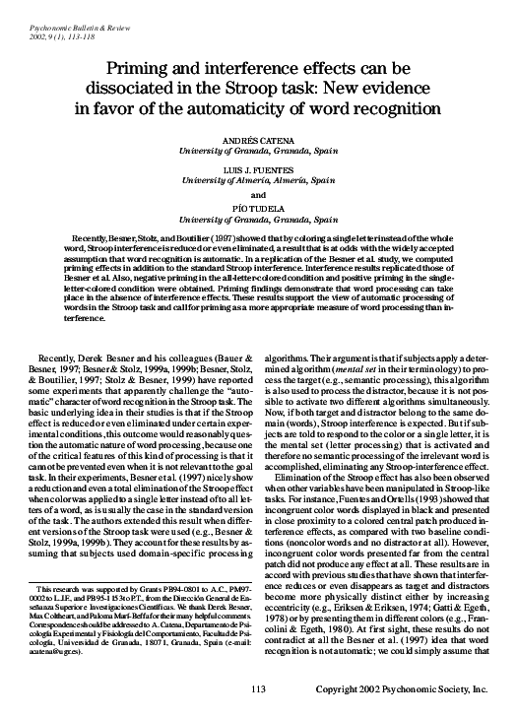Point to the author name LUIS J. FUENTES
click(258, 168)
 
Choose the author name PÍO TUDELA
click(258, 207)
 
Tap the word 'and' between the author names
click(258, 193)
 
